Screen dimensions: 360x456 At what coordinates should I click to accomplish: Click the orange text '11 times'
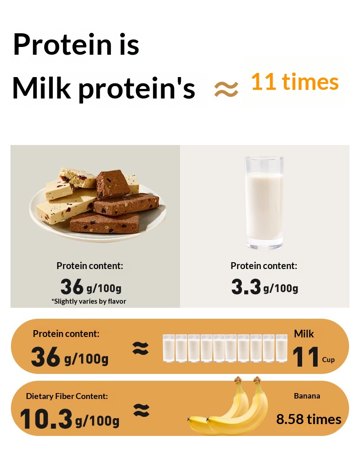pos(295,82)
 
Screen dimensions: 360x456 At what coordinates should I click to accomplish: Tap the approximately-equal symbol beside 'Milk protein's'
pos(226,89)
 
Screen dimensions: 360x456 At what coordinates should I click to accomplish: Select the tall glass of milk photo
pos(264,203)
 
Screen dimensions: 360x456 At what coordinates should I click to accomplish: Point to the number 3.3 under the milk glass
pos(246,287)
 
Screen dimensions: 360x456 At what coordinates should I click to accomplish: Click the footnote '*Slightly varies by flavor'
pos(89,301)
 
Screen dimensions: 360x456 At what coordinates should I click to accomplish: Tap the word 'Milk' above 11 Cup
pos(304,334)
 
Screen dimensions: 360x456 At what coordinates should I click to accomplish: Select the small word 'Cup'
pos(329,360)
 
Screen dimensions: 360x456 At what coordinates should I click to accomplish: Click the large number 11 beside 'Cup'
pos(305,357)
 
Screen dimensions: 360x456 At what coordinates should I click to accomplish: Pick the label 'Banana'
pos(307,396)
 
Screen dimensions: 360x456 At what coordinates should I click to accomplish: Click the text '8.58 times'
pos(309,420)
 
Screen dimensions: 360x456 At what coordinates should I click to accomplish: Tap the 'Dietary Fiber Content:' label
pos(67,396)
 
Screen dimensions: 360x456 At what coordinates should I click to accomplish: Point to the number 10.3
pos(46,419)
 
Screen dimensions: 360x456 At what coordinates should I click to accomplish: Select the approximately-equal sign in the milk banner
pos(140,348)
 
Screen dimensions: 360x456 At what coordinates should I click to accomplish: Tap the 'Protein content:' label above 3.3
pos(264,266)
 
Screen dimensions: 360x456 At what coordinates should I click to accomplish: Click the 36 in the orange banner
pos(45,357)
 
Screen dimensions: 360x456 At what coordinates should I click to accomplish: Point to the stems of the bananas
pos(247,380)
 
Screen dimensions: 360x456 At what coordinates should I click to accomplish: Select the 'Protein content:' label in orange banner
pos(66,334)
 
